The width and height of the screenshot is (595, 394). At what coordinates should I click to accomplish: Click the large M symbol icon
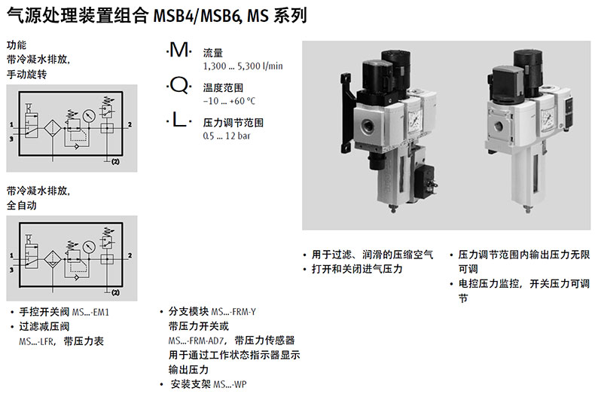coord(178,50)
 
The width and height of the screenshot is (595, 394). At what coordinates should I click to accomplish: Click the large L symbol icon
coord(178,120)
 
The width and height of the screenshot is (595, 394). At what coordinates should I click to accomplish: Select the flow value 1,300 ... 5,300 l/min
coord(243,66)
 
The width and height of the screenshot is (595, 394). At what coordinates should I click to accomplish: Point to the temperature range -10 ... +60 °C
coord(229,101)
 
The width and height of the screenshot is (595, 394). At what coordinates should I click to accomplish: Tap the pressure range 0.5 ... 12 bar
coord(227,136)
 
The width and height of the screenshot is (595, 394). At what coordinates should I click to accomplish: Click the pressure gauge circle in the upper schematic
coord(89,115)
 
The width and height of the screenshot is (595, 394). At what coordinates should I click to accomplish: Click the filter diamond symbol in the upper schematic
coord(53,128)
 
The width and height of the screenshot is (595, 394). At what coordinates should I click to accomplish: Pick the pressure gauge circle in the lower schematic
coord(89,247)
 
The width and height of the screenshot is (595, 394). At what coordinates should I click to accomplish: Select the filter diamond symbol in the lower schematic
coord(53,260)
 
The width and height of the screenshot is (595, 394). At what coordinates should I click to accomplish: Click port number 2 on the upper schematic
coord(130,124)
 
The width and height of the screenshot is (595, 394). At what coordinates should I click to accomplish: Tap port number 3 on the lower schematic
coord(11,270)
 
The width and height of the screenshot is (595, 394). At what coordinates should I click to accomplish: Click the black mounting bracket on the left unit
coord(348,112)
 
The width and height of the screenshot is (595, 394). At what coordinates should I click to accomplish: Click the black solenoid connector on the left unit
coord(424,184)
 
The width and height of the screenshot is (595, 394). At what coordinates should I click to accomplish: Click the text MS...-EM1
coord(90,313)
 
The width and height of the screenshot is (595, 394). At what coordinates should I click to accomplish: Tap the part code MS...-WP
coord(230,384)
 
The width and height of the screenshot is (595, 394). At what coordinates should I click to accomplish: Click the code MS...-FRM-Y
coord(233,312)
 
